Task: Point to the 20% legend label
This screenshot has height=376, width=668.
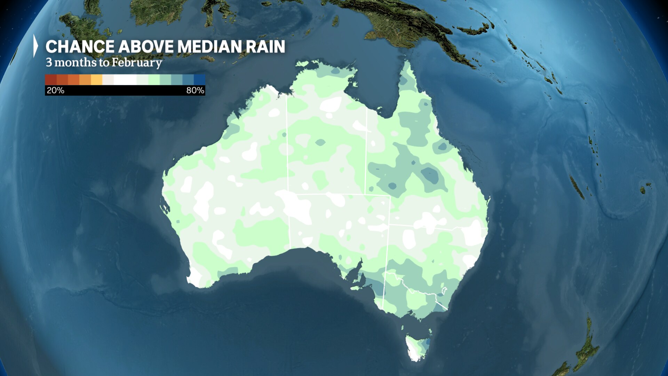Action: point(55,91)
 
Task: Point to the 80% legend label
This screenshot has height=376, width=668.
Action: point(195,91)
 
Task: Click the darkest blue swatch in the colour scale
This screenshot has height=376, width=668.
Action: point(200,80)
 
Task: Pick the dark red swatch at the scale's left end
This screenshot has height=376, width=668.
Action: point(50,80)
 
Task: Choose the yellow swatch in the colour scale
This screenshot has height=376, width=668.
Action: point(96,80)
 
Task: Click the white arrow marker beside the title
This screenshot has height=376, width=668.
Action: point(35,46)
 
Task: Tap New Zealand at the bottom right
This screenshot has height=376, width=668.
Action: point(584,352)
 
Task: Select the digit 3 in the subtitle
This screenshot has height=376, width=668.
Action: point(49,63)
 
